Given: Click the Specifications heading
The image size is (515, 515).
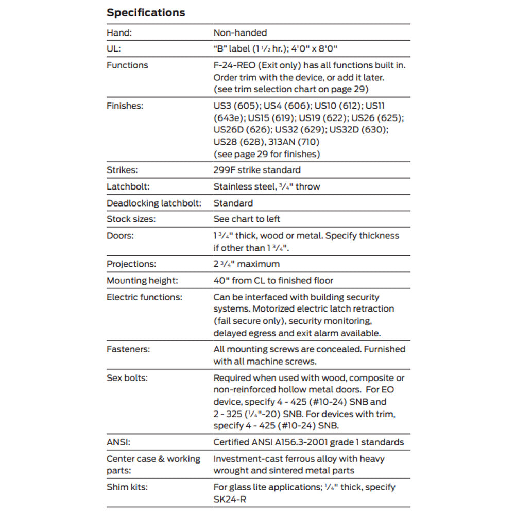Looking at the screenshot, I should [x=146, y=13].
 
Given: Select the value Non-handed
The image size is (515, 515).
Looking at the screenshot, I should [x=240, y=32].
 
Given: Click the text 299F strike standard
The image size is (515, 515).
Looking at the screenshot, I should [x=257, y=170].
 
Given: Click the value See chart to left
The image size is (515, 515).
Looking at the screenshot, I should [x=247, y=219].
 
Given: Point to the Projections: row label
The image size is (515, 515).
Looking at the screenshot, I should [x=131, y=264].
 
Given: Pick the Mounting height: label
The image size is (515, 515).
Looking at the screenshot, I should [x=142, y=281].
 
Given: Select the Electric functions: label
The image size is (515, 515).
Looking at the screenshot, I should [x=144, y=297].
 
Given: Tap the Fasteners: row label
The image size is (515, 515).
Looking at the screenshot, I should [x=128, y=349].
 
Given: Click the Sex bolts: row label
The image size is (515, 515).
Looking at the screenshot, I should [x=127, y=378].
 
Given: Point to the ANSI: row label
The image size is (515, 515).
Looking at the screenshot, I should [x=119, y=442].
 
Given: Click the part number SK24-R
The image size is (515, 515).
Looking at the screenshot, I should [x=230, y=500].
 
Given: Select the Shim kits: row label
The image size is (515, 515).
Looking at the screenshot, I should [x=127, y=487].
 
